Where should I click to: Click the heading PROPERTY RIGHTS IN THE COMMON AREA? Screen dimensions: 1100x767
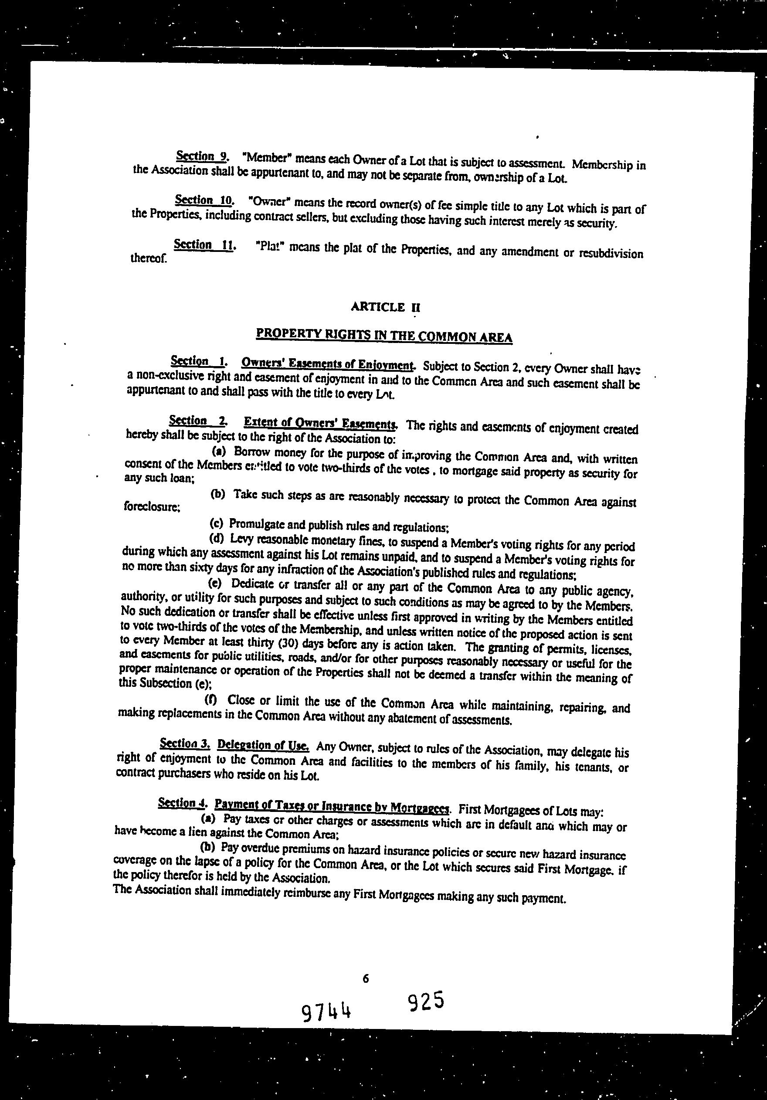click(384, 335)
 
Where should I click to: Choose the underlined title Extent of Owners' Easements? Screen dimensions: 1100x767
click(320, 423)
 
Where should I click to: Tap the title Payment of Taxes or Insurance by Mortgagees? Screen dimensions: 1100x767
click(332, 806)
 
